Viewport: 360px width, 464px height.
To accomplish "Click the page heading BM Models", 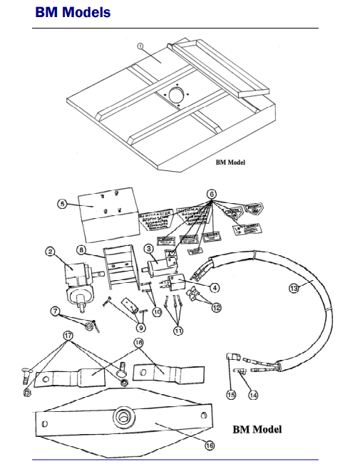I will pyautogui.click(x=73, y=12).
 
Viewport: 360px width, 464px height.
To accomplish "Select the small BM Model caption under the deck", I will pyautogui.click(x=230, y=162).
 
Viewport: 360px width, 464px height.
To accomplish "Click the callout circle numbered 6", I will pyautogui.click(x=211, y=194).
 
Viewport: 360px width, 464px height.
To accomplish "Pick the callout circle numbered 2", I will pyautogui.click(x=50, y=250).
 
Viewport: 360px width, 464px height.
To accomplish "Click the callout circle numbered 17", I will pyautogui.click(x=68, y=334).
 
